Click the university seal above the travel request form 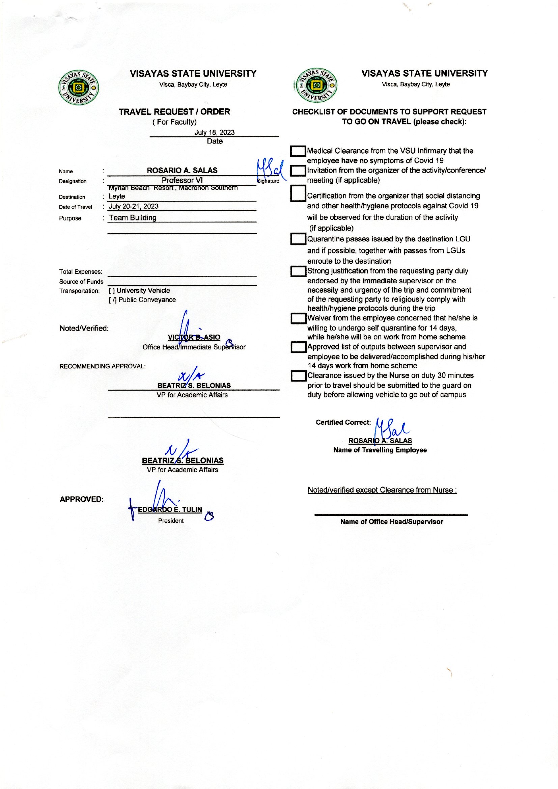tap(79, 87)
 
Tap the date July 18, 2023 tap(215, 132)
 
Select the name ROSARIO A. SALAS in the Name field tap(182, 170)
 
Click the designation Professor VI tap(182, 180)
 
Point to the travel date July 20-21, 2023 tap(134, 206)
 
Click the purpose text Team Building tap(133, 218)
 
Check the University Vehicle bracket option tap(112, 290)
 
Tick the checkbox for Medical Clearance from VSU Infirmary tap(298, 151)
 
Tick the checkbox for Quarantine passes tap(298, 239)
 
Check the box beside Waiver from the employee tap(298, 318)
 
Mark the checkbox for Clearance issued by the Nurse tap(298, 376)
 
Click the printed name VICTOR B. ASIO tap(194, 337)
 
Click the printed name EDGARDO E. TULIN tap(170, 509)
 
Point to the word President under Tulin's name tap(171, 521)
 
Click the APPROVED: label tap(81, 499)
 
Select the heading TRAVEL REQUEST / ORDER tap(174, 112)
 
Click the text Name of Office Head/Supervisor tap(391, 522)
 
